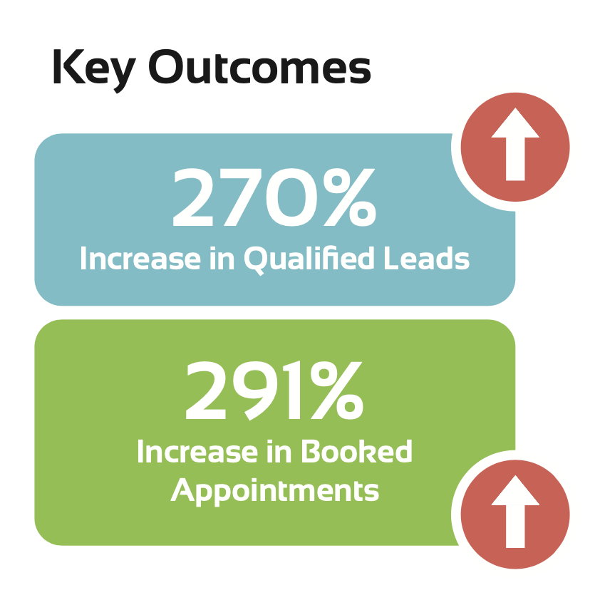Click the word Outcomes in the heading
(260, 66)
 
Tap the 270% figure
(274, 197)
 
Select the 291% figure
(274, 390)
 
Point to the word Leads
(427, 258)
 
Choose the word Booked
(356, 451)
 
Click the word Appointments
(275, 491)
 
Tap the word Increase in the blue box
(140, 259)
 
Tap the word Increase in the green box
(197, 452)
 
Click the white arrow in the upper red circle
(515, 144)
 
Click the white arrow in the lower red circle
(515, 512)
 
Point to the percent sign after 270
(350, 197)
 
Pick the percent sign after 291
(337, 390)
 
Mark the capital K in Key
(69, 66)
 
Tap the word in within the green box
(278, 452)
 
